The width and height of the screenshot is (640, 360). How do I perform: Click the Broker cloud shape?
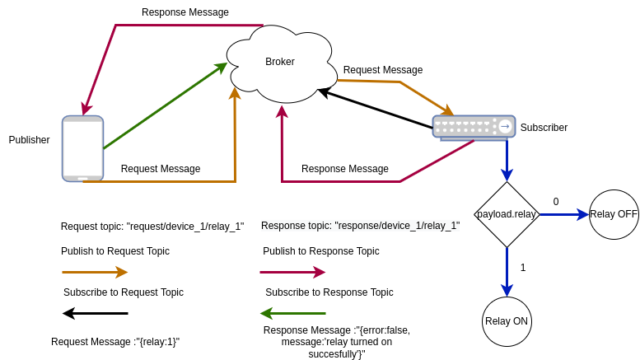[x=280, y=63]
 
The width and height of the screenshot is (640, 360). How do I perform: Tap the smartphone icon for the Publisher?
[x=82, y=148]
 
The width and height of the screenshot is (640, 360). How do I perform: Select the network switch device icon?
[x=474, y=127]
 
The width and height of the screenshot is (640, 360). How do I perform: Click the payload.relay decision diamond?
[x=507, y=214]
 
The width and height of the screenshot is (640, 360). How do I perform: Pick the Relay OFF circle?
[x=614, y=214]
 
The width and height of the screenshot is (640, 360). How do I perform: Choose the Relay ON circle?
[x=507, y=321]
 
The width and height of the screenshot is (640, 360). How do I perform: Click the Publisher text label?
[x=29, y=140]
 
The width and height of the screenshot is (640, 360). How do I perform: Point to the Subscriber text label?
[x=544, y=128]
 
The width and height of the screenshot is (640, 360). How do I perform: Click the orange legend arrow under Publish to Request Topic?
[x=95, y=272]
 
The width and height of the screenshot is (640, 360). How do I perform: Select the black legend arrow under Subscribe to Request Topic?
[x=95, y=313]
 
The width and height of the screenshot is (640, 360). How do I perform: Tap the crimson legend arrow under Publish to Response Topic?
[x=292, y=272]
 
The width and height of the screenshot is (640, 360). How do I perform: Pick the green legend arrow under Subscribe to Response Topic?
[x=292, y=313]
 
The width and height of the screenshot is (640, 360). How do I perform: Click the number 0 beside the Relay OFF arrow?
[x=556, y=202]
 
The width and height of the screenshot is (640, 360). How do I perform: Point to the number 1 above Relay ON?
[x=523, y=268]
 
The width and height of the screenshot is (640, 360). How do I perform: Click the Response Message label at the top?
[x=185, y=12]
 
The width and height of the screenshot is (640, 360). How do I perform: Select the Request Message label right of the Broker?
[x=383, y=70]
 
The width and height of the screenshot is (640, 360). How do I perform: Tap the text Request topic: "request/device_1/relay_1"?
[x=152, y=227]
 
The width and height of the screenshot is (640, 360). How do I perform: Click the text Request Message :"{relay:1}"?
[x=115, y=342]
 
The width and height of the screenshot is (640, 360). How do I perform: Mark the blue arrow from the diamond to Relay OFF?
[x=563, y=214]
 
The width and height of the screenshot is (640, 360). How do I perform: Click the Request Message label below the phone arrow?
[x=161, y=169]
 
